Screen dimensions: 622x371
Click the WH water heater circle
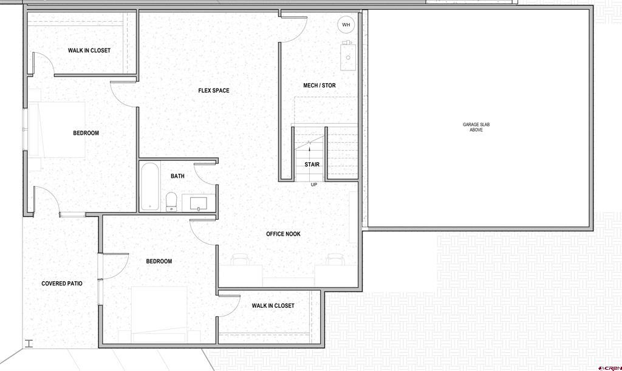point(346,24)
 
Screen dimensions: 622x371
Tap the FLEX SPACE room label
point(214,90)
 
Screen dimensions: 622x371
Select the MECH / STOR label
point(320,85)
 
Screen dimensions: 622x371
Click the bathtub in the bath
point(150,186)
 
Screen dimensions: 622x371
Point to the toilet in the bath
point(171,202)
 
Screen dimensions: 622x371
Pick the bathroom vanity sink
point(199,203)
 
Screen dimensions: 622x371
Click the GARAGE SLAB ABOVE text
point(476,128)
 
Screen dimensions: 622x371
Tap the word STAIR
point(312,165)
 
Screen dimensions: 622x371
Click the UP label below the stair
point(314,185)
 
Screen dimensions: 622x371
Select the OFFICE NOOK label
point(283,234)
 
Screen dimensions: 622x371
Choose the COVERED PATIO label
point(62,284)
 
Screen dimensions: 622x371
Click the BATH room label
point(177,176)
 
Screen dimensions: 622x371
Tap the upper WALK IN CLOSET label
point(89,50)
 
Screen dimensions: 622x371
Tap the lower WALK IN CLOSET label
point(273,305)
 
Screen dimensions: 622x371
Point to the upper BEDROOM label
point(86,133)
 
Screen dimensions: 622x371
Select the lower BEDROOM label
point(159,261)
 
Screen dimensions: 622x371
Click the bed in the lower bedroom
point(159,315)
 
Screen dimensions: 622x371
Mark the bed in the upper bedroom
point(57,129)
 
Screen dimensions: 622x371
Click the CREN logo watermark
point(611,367)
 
